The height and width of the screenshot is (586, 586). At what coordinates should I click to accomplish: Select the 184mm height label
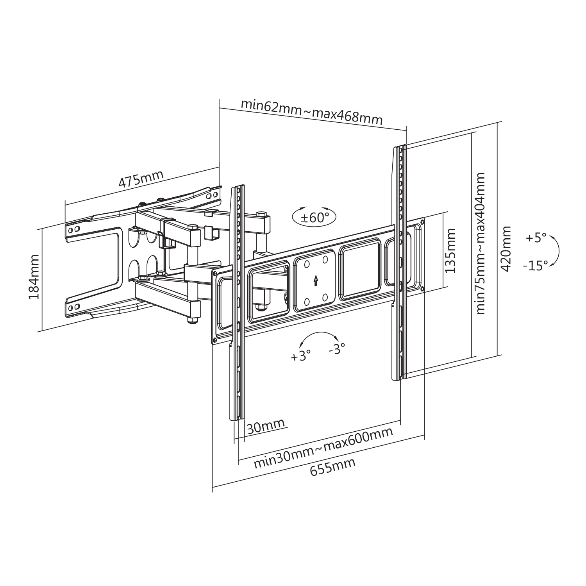(x=34, y=277)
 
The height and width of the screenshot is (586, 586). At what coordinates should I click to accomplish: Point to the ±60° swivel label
(x=315, y=217)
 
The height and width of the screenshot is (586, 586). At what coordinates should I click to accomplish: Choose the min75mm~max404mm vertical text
(x=480, y=243)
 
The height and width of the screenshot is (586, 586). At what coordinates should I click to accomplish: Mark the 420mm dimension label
(x=506, y=248)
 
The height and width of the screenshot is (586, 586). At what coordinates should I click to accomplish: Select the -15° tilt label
(x=535, y=266)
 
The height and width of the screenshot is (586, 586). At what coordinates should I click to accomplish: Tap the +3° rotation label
(x=301, y=356)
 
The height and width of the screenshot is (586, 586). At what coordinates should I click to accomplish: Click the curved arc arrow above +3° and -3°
(x=317, y=335)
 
